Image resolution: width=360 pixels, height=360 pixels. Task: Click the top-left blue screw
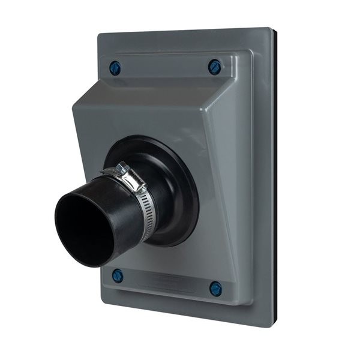tap(115, 67)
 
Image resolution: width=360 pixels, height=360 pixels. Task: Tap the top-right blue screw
tap(215, 67)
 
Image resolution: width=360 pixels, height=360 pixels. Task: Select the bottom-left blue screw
tap(118, 276)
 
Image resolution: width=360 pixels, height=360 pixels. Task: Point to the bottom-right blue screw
tap(215, 289)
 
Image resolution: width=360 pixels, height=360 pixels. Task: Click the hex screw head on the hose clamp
tap(123, 168)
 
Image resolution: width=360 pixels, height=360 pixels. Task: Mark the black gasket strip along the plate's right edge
tap(274, 180)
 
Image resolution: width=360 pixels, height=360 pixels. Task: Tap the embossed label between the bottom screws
tap(165, 281)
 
